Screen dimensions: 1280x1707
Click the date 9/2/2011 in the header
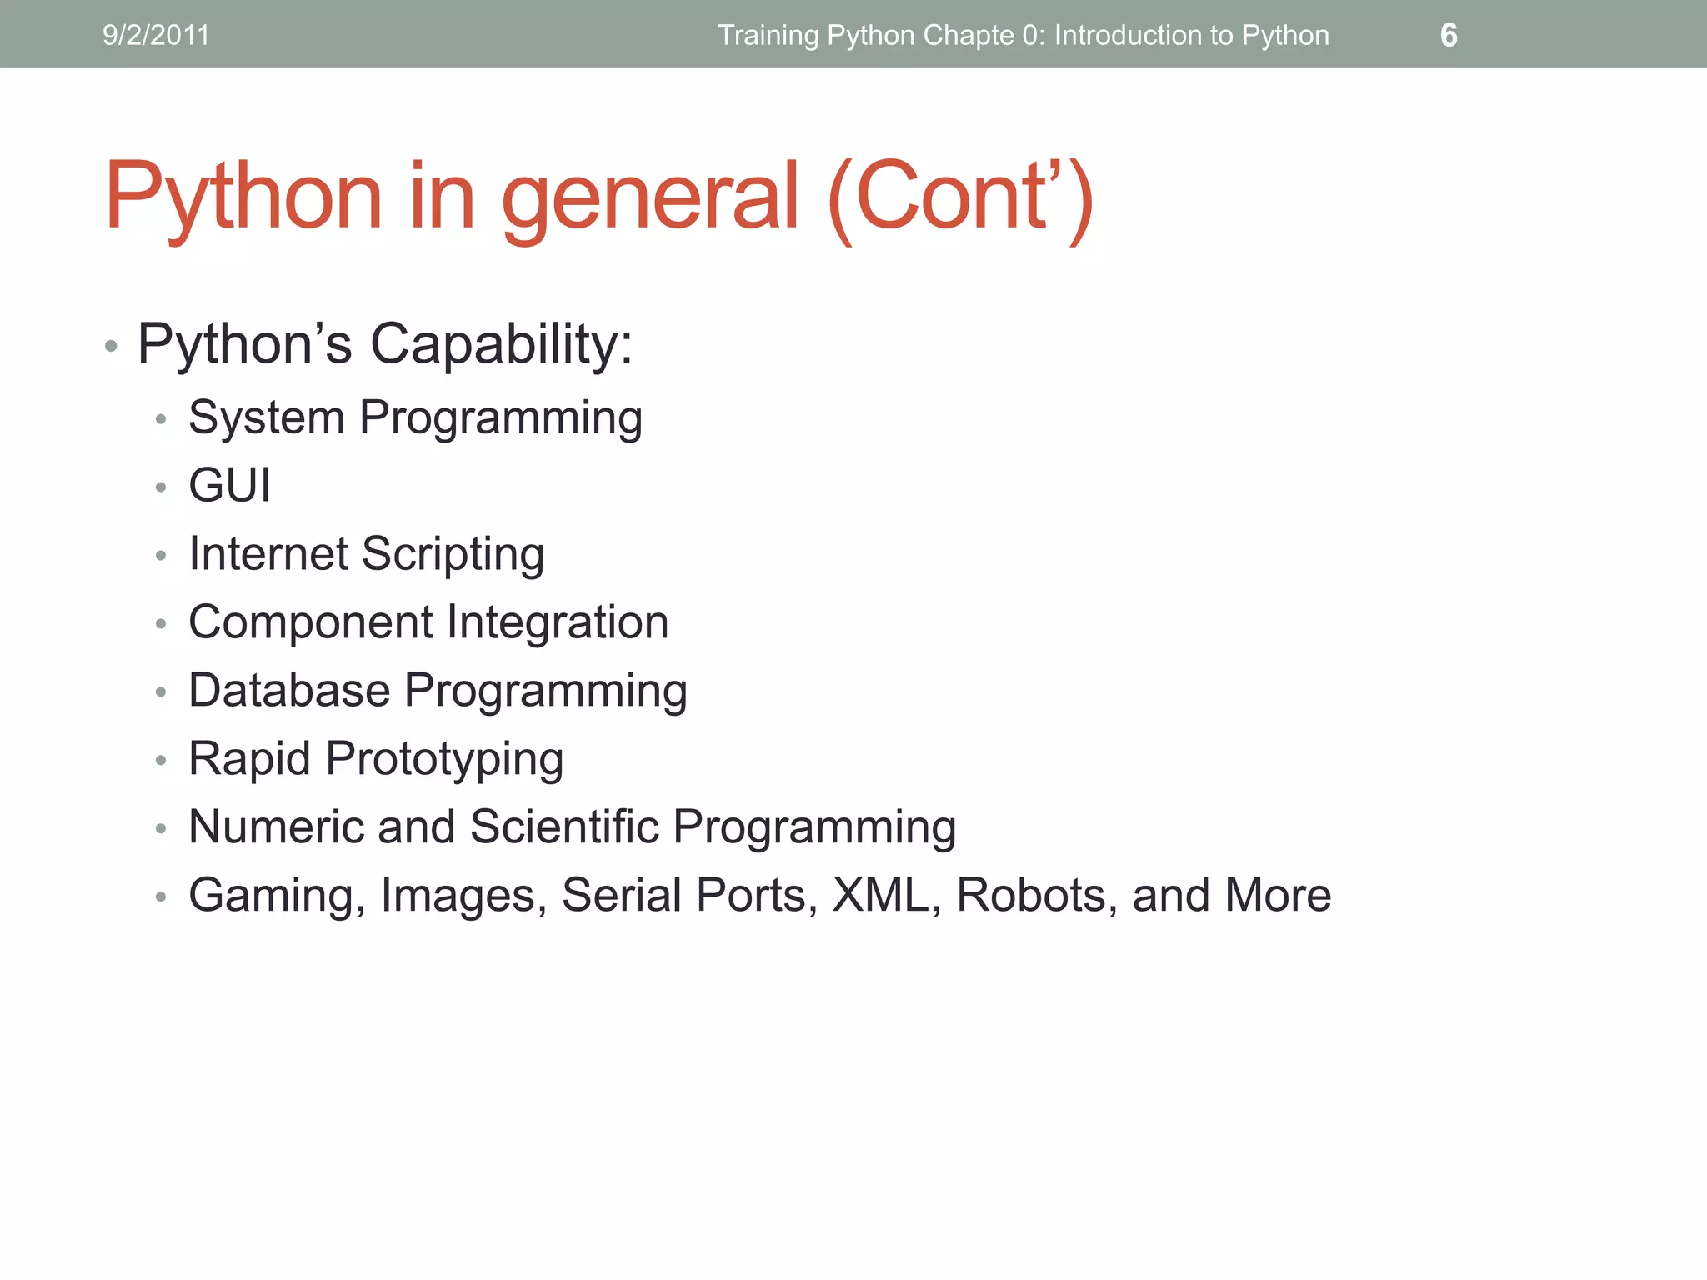tap(156, 36)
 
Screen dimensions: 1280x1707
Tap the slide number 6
tap(1449, 36)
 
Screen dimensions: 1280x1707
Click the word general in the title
tap(650, 197)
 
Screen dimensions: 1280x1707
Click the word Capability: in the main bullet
tap(501, 344)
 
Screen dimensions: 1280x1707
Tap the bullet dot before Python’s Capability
tap(111, 346)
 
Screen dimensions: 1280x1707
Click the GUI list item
tap(230, 485)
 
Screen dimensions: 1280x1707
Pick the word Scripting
tap(453, 555)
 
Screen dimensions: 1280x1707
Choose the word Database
tap(289, 691)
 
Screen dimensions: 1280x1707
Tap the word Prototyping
tap(444, 760)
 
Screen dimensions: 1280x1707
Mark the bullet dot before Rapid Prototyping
tap(161, 760)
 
